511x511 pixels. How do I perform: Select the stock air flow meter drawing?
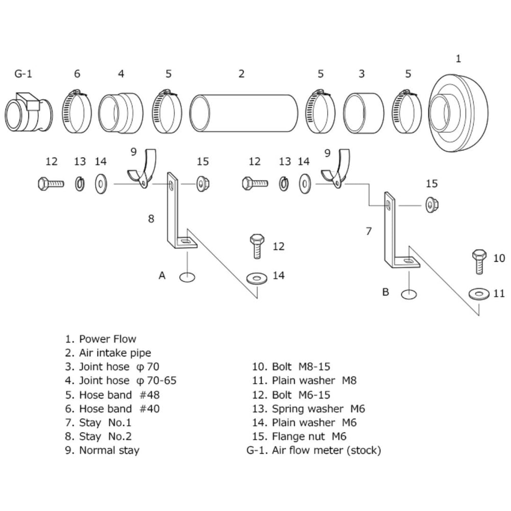click(x=29, y=112)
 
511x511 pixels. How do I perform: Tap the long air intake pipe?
click(x=244, y=113)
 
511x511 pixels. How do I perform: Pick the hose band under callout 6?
click(x=77, y=111)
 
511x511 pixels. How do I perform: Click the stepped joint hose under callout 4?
click(x=121, y=113)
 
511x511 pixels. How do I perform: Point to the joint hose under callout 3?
click(x=364, y=113)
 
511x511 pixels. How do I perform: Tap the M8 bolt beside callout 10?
click(x=479, y=261)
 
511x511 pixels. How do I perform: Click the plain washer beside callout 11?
click(x=479, y=294)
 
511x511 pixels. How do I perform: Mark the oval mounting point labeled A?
click(x=188, y=277)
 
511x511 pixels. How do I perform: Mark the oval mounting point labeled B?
click(x=409, y=294)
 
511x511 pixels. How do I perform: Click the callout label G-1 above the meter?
click(x=23, y=74)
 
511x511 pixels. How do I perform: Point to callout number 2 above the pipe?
click(x=241, y=74)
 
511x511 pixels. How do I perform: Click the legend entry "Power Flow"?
click(x=107, y=339)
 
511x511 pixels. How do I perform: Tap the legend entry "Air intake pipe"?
click(x=115, y=353)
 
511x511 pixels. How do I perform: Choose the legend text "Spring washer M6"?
click(x=318, y=409)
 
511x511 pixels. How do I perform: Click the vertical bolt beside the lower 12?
click(x=257, y=246)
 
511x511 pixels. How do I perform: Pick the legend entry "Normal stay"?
click(x=109, y=450)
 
